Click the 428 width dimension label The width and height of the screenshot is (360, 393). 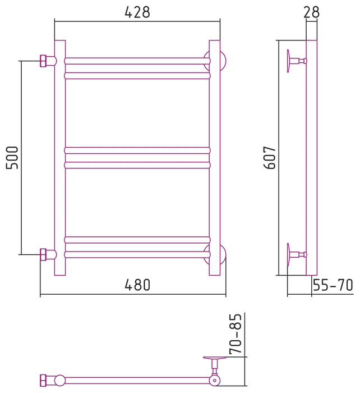(137, 12)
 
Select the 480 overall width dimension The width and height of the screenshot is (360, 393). (137, 285)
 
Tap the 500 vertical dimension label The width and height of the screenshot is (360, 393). (12, 158)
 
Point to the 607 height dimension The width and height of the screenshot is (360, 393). (270, 158)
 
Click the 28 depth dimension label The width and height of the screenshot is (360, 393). (311, 12)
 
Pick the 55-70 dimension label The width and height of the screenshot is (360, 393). (333, 285)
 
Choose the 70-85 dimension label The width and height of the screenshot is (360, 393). (236, 334)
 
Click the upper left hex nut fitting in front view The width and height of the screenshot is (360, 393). (43, 61)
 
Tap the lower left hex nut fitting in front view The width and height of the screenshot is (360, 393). (43, 255)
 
